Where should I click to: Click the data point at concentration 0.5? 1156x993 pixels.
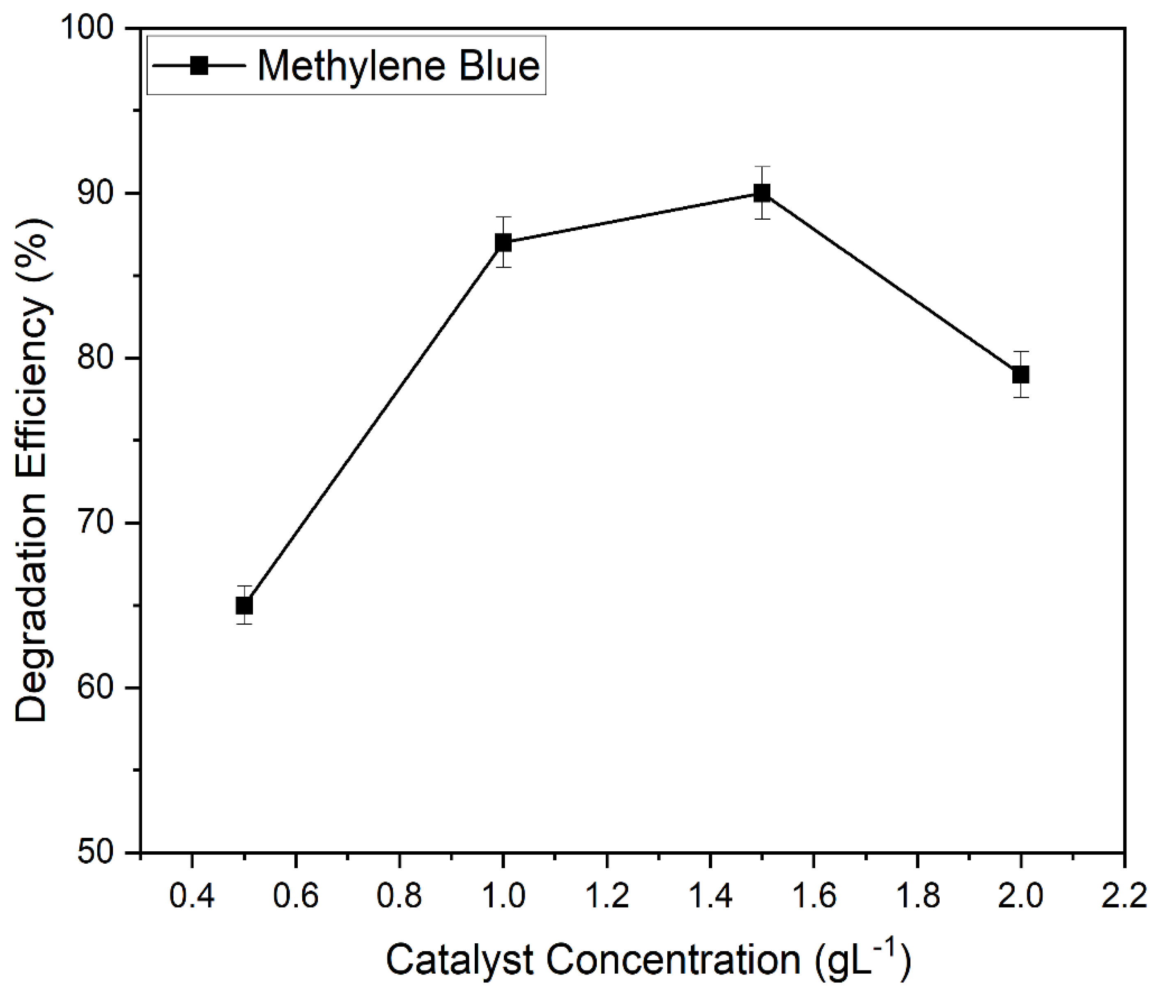[x=244, y=605]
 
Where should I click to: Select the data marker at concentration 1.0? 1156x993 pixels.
[x=503, y=243]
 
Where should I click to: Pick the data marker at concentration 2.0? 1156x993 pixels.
[x=1021, y=375]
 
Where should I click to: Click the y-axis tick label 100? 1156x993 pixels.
[x=92, y=28]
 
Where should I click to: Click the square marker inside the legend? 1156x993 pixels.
[x=199, y=66]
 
